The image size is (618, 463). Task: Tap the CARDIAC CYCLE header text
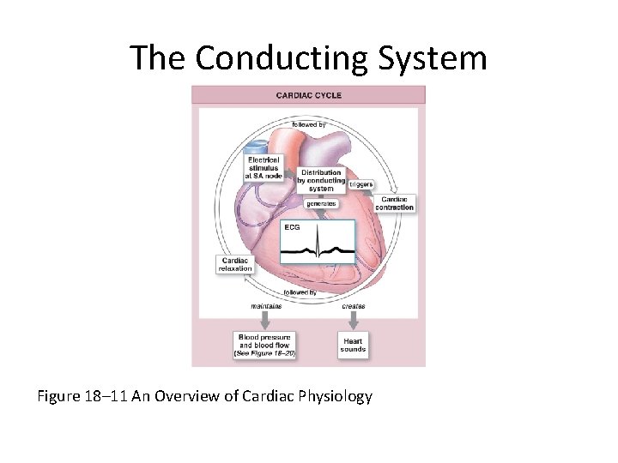pos(309,95)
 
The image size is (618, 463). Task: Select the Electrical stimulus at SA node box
pos(264,167)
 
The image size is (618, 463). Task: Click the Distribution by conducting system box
pos(321,181)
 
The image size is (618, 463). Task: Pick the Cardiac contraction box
pos(394,203)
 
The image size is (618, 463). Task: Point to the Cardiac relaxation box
pos(235,265)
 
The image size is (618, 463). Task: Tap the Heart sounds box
pos(353,346)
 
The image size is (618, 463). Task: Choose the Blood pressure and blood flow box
pos(264,345)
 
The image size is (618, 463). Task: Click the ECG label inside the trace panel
pos(293,227)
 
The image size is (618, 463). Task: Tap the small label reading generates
pos(321,204)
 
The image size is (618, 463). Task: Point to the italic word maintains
pos(266,306)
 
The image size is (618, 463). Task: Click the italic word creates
pos(353,306)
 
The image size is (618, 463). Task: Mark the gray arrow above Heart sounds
pos(353,321)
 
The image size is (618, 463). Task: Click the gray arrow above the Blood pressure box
pos(265,321)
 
